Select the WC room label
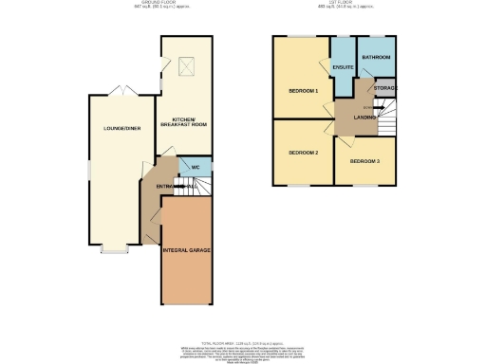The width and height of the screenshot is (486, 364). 195,168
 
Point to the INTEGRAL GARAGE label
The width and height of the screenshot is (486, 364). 185,249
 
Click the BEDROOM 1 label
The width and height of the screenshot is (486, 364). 303,91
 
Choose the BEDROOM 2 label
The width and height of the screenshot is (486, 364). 303,152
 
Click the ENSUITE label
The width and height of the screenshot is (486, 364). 343,67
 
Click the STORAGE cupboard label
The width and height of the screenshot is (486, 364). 384,88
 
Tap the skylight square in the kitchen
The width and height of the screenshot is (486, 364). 186,65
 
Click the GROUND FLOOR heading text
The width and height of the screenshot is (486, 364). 147,4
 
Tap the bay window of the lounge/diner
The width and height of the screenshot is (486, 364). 115,252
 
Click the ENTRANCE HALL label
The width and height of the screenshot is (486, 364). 177,188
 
